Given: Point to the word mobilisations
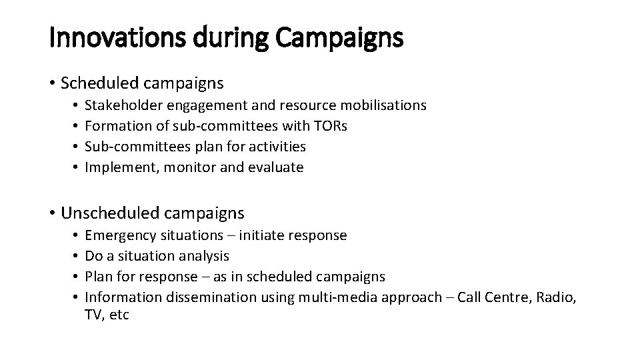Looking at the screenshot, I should [x=383, y=105].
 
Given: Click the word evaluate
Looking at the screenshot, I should [x=276, y=167].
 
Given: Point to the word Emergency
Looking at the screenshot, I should [x=118, y=235].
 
